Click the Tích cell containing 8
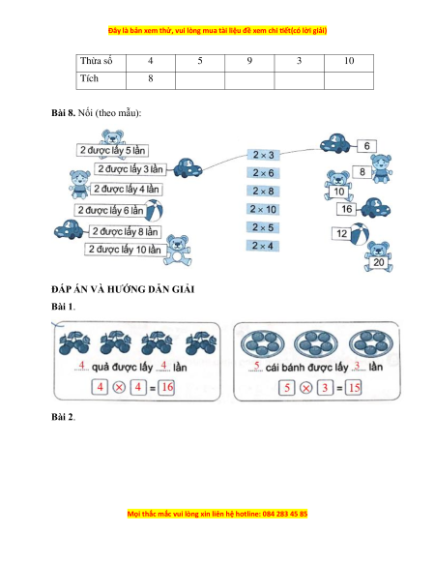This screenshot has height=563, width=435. coord(151,80)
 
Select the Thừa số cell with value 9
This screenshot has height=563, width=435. coord(249,63)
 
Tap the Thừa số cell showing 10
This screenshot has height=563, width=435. coord(349,63)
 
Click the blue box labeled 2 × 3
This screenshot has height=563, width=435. coord(263,155)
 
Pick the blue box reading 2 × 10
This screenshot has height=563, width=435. coord(263,209)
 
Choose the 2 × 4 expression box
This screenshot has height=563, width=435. coord(263,246)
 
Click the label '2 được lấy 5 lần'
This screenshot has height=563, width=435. coord(112,150)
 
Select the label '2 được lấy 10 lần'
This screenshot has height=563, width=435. coord(125,250)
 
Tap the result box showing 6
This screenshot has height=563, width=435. coord(366,146)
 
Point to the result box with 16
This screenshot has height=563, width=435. coord(346,209)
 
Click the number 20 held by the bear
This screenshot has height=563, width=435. coord(378,262)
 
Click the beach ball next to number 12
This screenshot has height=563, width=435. coord(360,234)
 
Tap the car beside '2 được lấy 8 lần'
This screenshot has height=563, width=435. coord(69,229)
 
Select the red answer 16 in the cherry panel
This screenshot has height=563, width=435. coord(167,387)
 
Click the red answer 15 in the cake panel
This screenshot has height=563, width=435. coord(354,388)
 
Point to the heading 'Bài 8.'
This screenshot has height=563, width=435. coord(63,113)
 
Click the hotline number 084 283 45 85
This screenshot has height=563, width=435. coord(285,514)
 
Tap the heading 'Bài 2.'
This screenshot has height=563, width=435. coord(63,417)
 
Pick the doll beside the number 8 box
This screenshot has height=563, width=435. coord(381,168)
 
